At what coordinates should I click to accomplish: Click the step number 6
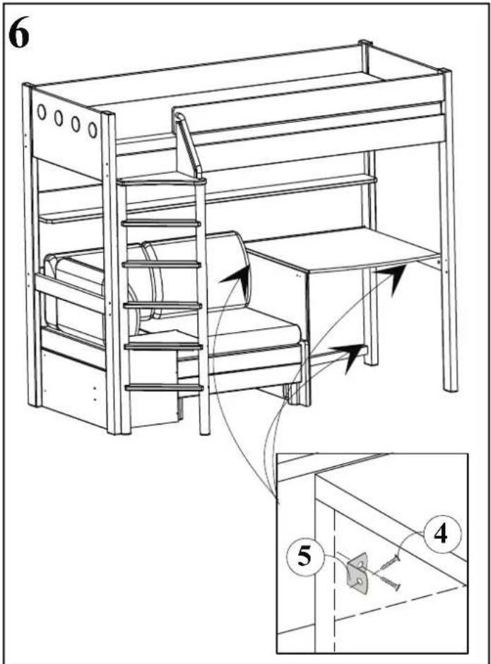[19, 34]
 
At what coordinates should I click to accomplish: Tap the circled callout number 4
[441, 535]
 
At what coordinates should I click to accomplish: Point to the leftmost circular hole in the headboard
[42, 112]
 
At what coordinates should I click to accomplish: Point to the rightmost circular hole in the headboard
[93, 130]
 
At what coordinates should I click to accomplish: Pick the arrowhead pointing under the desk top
[392, 278]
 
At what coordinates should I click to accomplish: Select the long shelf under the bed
[208, 199]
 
